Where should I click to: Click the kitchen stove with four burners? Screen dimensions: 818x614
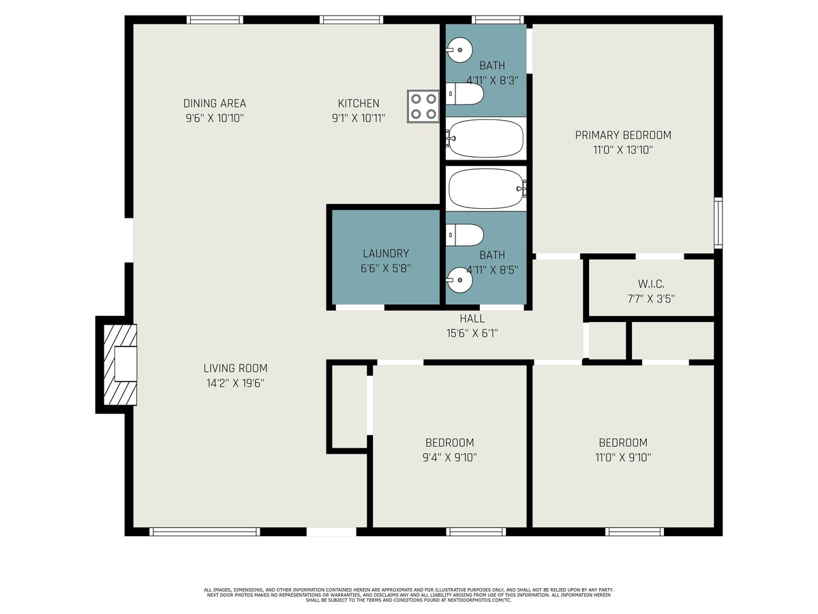423,106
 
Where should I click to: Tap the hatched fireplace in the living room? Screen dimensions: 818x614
120,364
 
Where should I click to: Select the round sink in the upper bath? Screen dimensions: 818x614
459,50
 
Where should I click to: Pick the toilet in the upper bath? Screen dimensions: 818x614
465,93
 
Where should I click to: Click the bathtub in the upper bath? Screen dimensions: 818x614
486,138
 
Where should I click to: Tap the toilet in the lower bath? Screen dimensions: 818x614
465,235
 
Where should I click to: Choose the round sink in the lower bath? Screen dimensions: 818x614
459,280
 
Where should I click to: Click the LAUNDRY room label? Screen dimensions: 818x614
386,254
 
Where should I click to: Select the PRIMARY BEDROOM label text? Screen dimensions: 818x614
623,135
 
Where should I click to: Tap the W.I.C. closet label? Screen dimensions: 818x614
651,284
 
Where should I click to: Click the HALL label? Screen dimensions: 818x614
472,319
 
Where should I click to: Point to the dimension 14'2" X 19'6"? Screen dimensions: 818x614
235,383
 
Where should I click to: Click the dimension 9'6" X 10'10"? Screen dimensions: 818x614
215,118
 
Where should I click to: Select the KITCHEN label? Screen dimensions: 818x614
359,103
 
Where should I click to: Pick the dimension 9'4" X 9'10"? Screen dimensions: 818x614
449,457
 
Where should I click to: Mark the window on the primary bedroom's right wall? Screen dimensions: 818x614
718,223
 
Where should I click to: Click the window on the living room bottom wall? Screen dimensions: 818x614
204,531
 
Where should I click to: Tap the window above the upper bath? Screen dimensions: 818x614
498,19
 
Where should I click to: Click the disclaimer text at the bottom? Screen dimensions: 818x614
409,595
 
